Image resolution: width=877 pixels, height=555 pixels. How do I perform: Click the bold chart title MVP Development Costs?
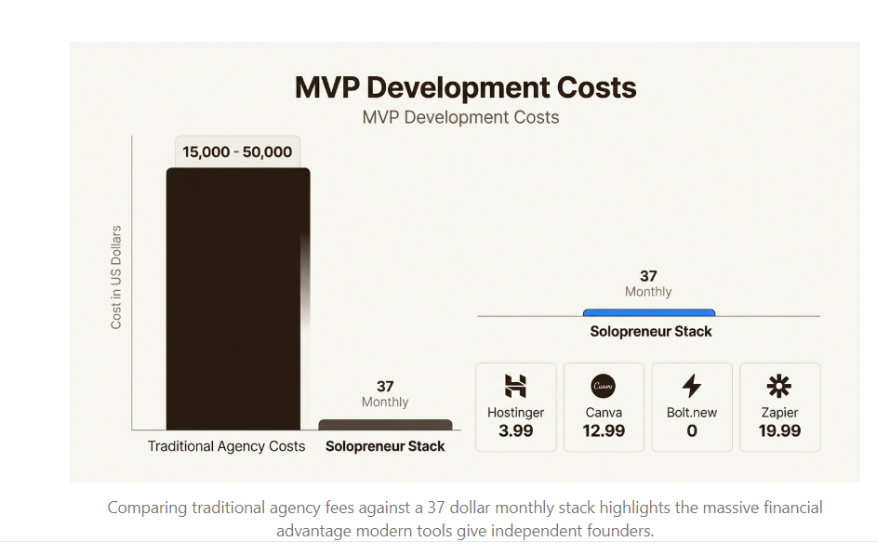[465, 87]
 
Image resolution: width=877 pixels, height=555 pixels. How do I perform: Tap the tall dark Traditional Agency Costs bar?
[237, 297]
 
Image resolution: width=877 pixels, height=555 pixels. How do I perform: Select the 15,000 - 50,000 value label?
[237, 152]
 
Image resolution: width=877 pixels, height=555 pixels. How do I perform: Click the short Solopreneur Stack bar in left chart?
[385, 425]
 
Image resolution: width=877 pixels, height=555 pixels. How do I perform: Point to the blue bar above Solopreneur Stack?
[648, 312]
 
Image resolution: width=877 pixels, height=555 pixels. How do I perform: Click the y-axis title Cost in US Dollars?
[116, 277]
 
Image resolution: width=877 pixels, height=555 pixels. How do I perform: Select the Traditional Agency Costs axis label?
[226, 446]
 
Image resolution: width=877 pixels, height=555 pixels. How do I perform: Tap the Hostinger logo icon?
[515, 386]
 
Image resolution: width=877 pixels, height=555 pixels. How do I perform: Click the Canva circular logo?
[604, 386]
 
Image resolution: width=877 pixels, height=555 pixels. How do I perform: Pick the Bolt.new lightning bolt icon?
[692, 386]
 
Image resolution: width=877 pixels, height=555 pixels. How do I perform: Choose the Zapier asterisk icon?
[779, 386]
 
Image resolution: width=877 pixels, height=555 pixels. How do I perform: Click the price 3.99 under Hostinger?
[515, 431]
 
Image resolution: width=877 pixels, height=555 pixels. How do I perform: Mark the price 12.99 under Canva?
[604, 431]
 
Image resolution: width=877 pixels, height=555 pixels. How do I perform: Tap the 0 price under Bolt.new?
[692, 431]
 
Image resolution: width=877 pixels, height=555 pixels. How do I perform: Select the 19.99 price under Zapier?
[779, 431]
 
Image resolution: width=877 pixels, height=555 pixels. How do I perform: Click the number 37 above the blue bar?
[648, 276]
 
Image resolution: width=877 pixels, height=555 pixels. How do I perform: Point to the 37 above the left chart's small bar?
[385, 386]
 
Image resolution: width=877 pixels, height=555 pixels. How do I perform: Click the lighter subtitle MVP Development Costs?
[460, 117]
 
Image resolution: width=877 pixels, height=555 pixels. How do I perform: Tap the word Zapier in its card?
[779, 412]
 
